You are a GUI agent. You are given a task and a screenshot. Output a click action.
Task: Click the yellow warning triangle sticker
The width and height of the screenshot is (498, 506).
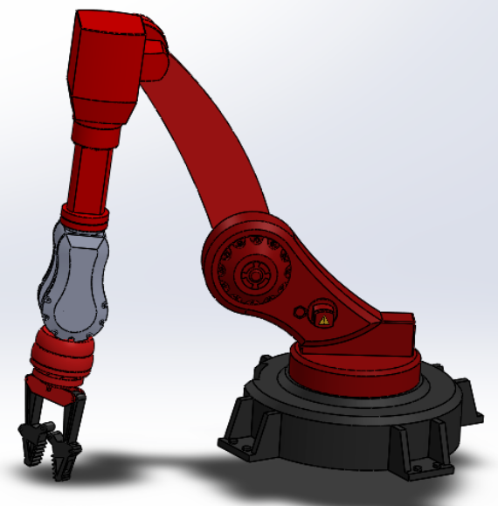pyautogui.click(x=325, y=321)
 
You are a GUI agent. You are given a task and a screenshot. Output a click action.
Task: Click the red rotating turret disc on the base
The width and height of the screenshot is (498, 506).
pyautogui.click(x=354, y=371)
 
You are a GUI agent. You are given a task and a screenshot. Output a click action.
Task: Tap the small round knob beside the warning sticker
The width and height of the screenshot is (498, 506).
pyautogui.click(x=301, y=311)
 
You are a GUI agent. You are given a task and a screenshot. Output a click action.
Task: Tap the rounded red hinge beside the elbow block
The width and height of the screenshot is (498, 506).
pyautogui.click(x=157, y=52)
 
